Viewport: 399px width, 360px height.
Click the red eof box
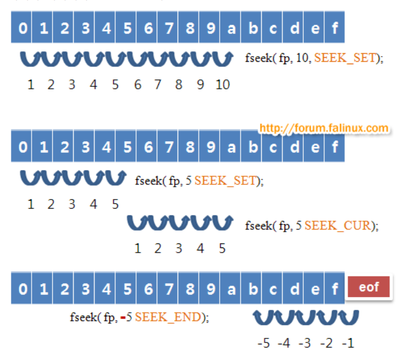tap(369, 287)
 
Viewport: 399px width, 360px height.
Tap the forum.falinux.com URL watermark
tap(323, 128)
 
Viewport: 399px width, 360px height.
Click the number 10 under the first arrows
tap(222, 85)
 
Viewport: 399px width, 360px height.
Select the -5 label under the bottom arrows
tap(263, 343)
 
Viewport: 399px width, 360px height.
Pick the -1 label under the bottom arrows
tap(348, 343)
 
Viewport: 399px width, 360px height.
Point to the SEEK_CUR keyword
tap(338, 225)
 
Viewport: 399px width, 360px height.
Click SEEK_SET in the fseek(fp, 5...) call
tap(226, 180)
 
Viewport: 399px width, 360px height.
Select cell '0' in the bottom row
tap(22, 289)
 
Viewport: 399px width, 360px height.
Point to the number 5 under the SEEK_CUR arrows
tap(222, 249)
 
